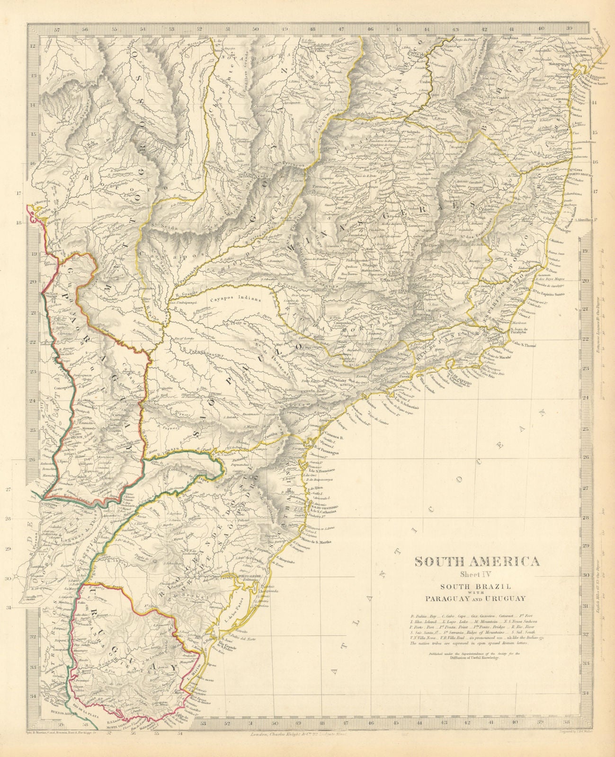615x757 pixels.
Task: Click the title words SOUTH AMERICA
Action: coord(477,562)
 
